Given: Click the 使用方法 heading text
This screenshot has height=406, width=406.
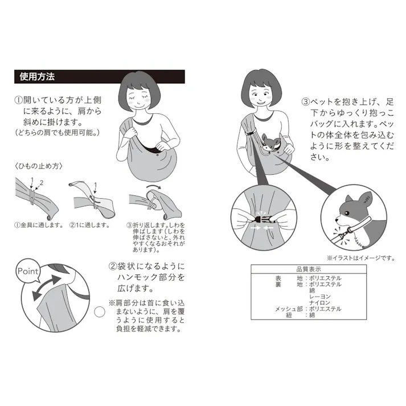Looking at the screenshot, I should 37,76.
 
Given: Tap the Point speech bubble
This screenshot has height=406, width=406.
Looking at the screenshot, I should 28,272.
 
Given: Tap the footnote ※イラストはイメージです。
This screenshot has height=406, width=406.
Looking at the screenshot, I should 360,257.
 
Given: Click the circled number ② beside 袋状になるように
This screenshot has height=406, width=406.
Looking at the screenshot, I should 112,266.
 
